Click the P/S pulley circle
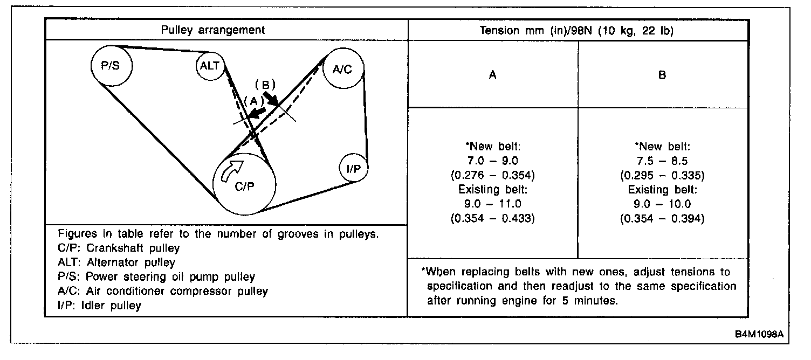111,65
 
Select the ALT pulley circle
210,66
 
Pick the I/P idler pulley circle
354,169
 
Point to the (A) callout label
252,101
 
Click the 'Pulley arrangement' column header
213,30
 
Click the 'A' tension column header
492,75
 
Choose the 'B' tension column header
662,75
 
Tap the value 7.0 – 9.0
492,161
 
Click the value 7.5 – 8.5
662,161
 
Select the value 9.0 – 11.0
492,204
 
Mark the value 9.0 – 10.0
662,204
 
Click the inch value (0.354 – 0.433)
492,218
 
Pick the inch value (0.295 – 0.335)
662,175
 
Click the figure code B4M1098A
758,334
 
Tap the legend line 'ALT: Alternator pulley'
116,263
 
